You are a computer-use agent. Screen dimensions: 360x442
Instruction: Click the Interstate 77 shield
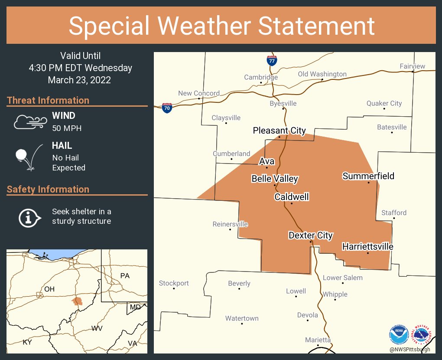[272, 60]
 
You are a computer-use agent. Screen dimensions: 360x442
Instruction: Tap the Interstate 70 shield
[167, 108]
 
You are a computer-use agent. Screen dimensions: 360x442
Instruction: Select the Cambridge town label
[261, 77]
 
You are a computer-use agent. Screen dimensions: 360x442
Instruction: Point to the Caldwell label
[292, 197]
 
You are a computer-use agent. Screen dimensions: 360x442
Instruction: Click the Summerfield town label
[368, 176]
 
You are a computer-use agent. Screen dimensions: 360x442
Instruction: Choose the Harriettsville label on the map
[367, 246]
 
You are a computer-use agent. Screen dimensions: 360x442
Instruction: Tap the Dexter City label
[311, 235]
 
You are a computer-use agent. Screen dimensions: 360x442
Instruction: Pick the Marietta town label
[318, 340]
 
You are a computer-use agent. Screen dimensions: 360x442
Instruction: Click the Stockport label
[174, 283]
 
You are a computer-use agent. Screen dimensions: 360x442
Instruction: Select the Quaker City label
[384, 103]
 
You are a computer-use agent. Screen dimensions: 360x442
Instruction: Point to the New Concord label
[199, 93]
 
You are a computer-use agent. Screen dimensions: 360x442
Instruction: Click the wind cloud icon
[29, 122]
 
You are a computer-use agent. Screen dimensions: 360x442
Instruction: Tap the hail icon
[29, 157]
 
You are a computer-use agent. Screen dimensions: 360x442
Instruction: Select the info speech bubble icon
[29, 217]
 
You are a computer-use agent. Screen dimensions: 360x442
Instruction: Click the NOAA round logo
[399, 335]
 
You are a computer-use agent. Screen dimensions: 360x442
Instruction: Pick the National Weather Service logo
[422, 335]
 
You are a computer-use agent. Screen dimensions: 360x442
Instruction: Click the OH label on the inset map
[49, 289]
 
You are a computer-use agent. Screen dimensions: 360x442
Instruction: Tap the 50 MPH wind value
[67, 128]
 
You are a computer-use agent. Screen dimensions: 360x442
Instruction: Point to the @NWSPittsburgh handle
[409, 350]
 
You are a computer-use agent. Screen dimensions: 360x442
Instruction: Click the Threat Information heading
[48, 100]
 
